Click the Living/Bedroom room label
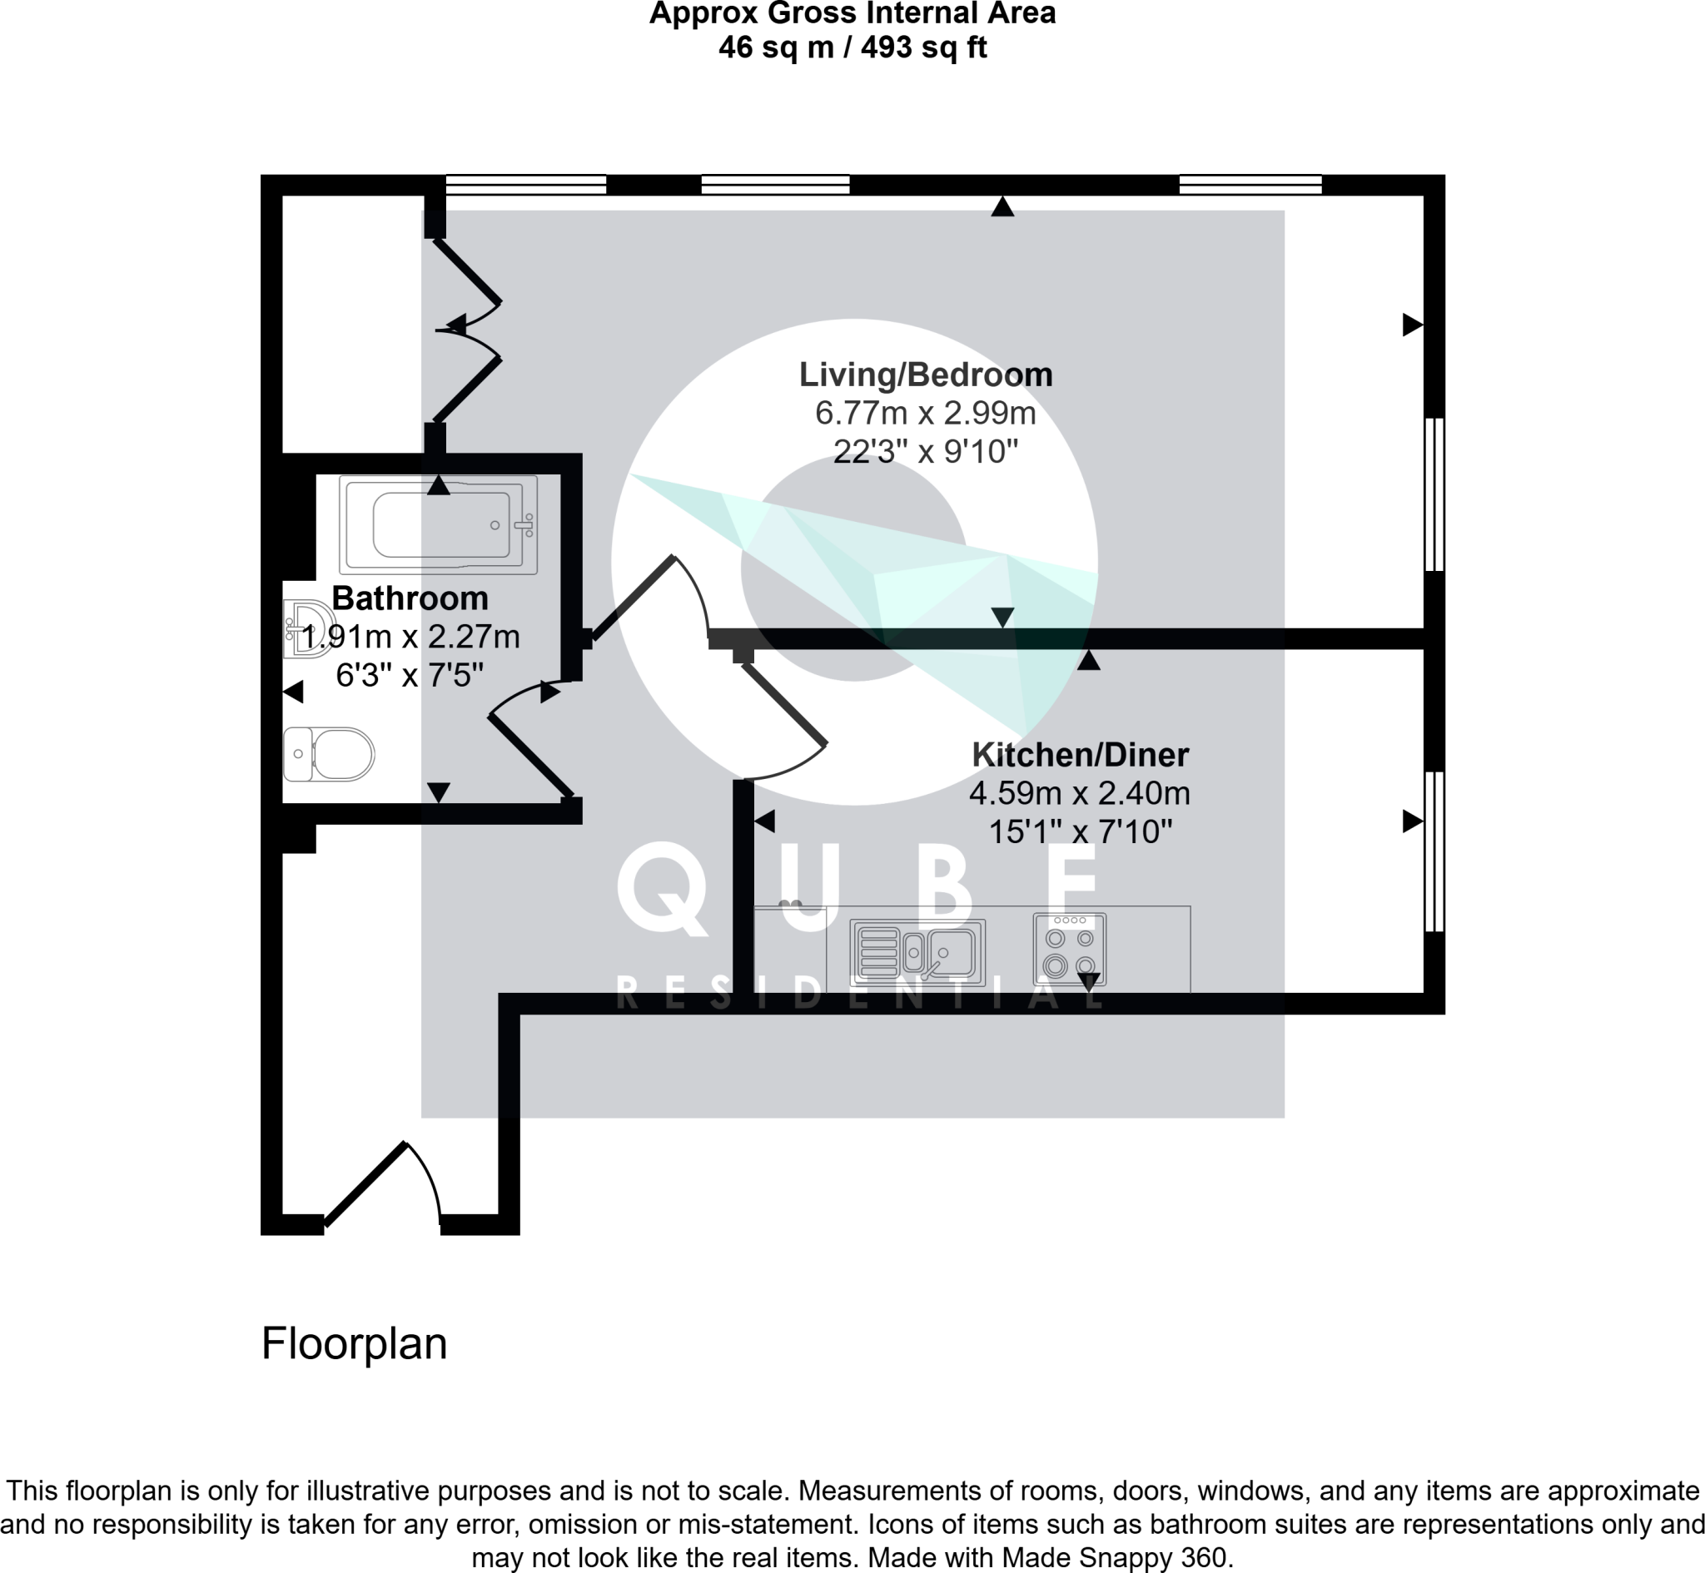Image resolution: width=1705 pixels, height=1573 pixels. tap(925, 375)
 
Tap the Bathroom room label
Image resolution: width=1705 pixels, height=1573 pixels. tap(410, 598)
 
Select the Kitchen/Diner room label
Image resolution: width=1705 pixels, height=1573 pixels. tap(1081, 755)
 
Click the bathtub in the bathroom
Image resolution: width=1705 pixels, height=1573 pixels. tap(439, 524)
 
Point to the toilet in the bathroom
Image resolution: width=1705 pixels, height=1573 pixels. tap(329, 754)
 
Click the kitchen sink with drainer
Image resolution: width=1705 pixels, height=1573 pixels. tap(917, 952)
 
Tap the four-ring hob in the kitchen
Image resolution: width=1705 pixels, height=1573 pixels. tap(1069, 950)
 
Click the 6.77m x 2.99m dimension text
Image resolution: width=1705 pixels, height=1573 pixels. tap(925, 414)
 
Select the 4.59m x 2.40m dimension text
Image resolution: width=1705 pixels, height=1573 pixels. tap(1079, 793)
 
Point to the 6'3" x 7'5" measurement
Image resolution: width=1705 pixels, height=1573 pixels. tap(410, 676)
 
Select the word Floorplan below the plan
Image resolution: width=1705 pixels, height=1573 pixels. tap(354, 1344)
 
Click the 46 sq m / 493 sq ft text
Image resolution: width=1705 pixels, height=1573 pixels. tap(852, 47)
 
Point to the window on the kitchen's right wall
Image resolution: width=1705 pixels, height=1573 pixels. tap(1434, 851)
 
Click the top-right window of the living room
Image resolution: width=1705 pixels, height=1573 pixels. tap(1250, 184)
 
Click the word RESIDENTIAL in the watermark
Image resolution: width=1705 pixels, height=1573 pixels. tap(859, 995)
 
